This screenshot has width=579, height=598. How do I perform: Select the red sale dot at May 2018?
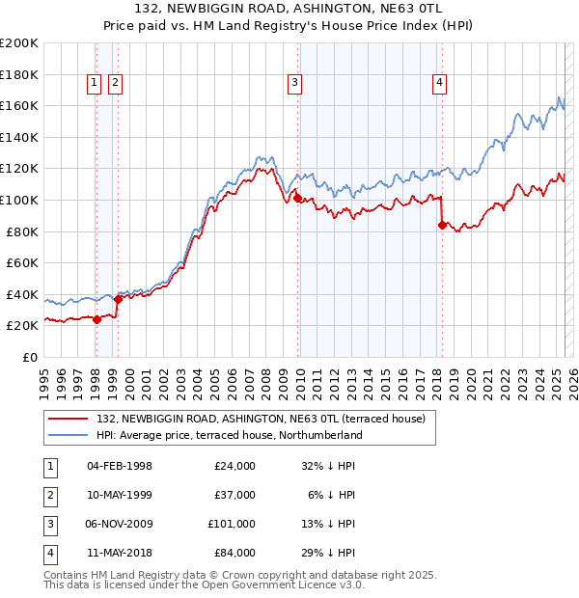coord(442,226)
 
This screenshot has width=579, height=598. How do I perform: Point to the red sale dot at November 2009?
coord(297,199)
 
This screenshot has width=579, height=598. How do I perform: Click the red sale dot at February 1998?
coord(96,320)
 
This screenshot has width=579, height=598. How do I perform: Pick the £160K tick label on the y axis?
coord(20,105)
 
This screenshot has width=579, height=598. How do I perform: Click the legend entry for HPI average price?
coord(229,435)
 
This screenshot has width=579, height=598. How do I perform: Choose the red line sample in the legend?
coord(69,418)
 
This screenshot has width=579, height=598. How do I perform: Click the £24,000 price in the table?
coord(234,466)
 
